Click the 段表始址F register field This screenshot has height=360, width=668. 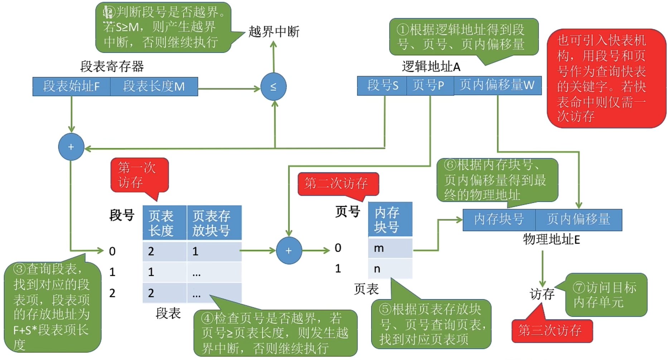click(71, 86)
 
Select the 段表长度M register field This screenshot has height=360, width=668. click(154, 86)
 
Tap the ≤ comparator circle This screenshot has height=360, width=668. click(273, 87)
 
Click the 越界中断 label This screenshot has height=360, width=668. click(274, 32)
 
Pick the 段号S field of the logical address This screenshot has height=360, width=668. click(382, 85)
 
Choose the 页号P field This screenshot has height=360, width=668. click(430, 85)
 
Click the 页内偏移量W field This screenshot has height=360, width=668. click(497, 85)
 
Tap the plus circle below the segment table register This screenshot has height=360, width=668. click(71, 147)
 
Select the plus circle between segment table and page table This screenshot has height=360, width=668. click(289, 251)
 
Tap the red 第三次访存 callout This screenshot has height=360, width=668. click(551, 330)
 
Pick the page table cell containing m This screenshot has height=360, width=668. click(390, 248)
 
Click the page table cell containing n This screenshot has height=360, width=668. click(390, 269)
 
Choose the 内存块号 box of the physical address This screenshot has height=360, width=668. click(499, 220)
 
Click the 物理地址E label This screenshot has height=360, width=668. click(551, 239)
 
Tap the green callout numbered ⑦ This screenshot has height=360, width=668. click(606, 295)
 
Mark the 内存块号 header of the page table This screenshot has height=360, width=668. click(390, 220)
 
